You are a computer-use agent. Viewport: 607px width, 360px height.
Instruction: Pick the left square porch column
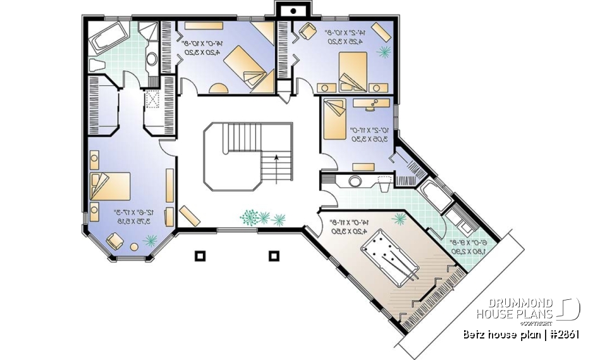(x=200, y=256)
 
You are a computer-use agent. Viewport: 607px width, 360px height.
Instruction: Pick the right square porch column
(x=274, y=256)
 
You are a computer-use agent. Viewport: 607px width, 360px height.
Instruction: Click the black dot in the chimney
(x=293, y=11)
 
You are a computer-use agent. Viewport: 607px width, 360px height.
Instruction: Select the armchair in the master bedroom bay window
(x=116, y=241)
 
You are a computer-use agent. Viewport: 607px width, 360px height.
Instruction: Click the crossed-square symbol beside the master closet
(x=152, y=97)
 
